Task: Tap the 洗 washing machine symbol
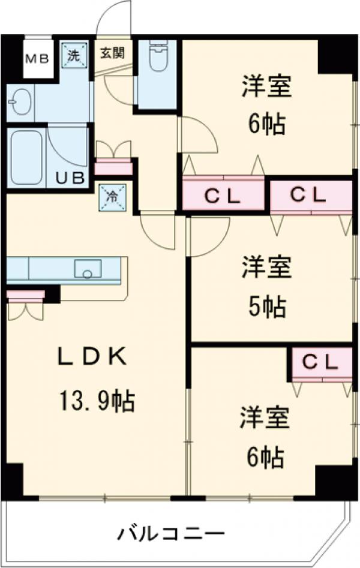[73, 56]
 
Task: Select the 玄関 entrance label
[112, 53]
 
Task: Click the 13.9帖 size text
[96, 400]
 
